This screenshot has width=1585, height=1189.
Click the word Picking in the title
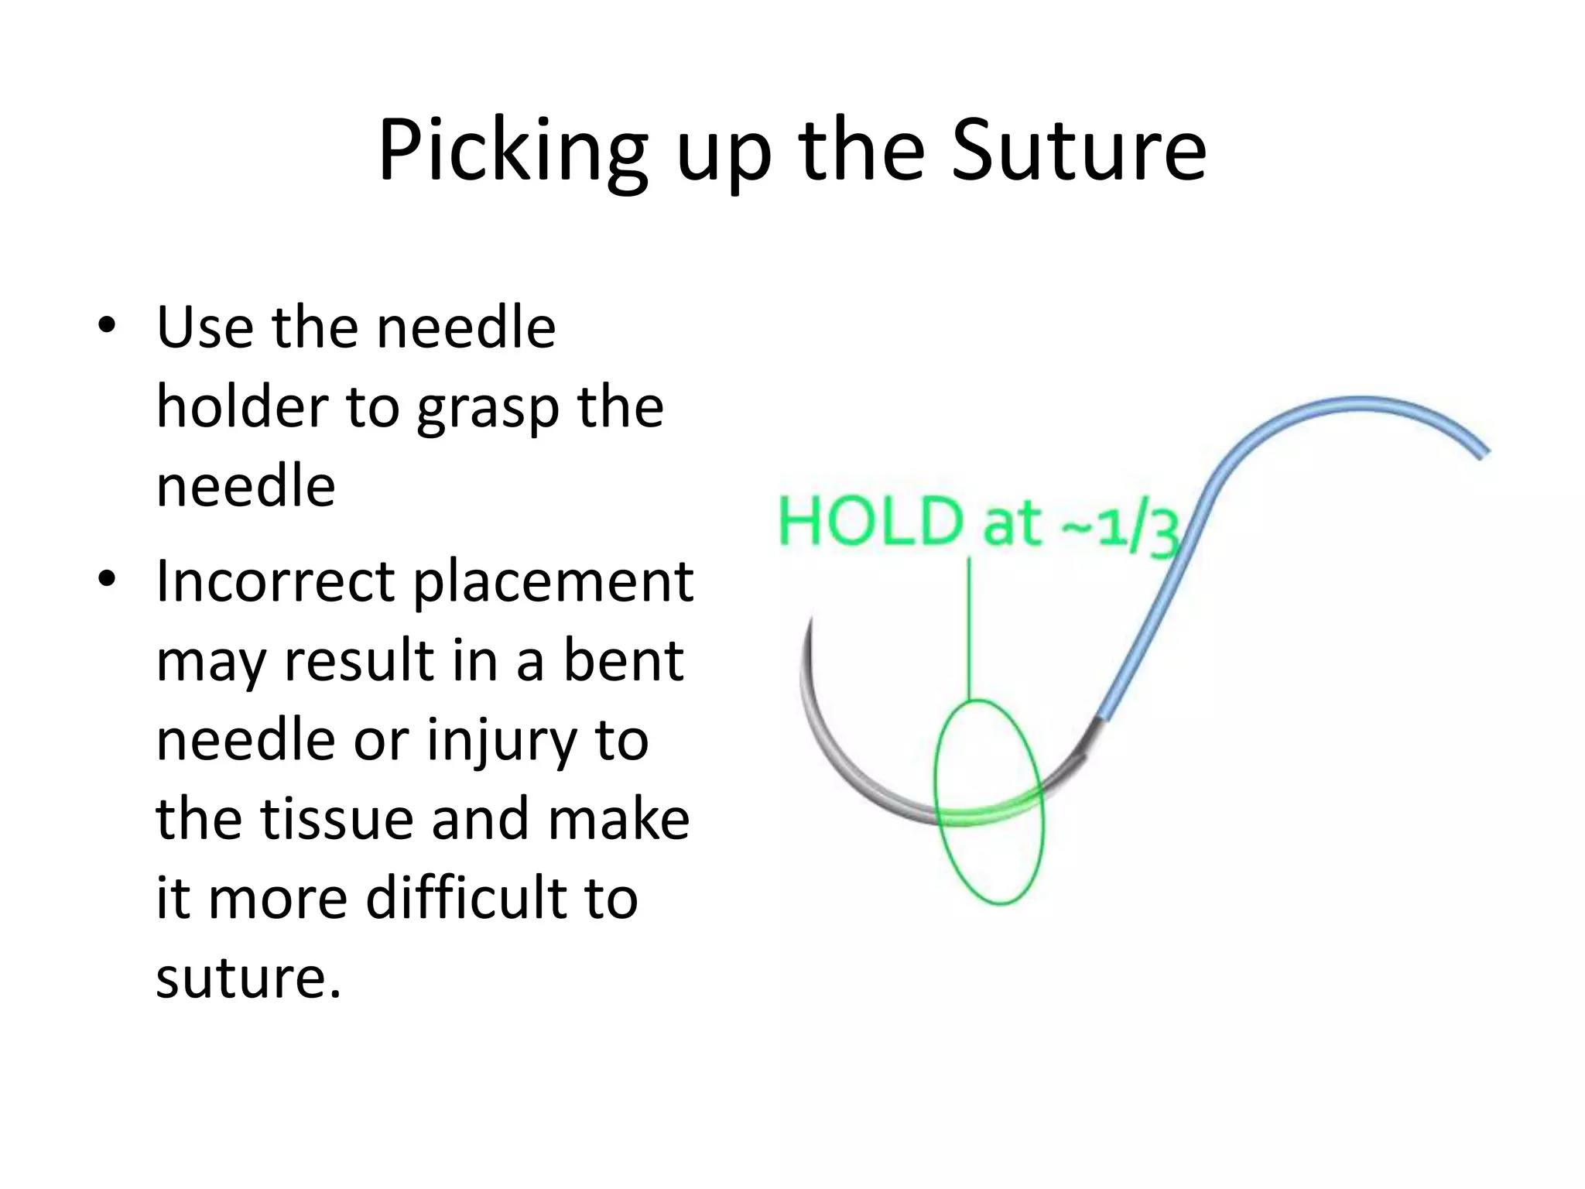coord(512,152)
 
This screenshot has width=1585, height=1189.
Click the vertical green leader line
coord(969,627)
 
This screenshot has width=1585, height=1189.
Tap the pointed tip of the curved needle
coord(810,618)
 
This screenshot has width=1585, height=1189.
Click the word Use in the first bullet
coord(204,327)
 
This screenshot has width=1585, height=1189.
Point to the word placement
coord(553,582)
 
